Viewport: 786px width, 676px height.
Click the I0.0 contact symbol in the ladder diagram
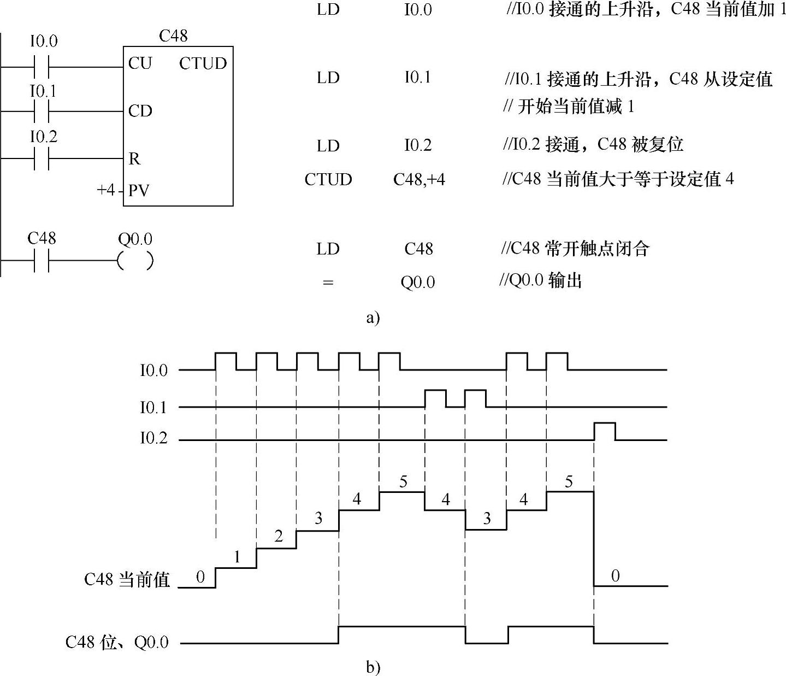click(42, 67)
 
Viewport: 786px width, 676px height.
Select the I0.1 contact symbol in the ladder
click(42, 111)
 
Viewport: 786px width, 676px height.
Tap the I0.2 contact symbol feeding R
click(42, 158)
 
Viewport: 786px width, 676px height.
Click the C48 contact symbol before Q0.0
click(42, 261)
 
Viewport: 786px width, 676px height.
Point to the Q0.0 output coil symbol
click(135, 261)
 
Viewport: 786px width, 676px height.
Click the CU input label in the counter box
click(140, 63)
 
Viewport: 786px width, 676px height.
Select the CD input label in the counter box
click(140, 111)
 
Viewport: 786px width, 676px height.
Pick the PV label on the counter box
click(139, 191)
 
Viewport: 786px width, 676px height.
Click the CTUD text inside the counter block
click(203, 63)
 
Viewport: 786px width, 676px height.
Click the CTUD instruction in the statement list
click(328, 179)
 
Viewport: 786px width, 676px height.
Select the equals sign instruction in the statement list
click(328, 283)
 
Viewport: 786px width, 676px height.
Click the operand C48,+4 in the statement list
click(419, 179)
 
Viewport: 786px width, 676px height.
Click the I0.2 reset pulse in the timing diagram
click(605, 431)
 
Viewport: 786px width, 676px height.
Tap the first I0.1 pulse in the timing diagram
click(435, 398)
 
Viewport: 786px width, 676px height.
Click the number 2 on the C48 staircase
click(279, 537)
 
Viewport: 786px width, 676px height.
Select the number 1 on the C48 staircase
click(237, 557)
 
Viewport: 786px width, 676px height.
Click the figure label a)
click(373, 318)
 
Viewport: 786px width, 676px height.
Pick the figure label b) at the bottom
click(373, 667)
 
